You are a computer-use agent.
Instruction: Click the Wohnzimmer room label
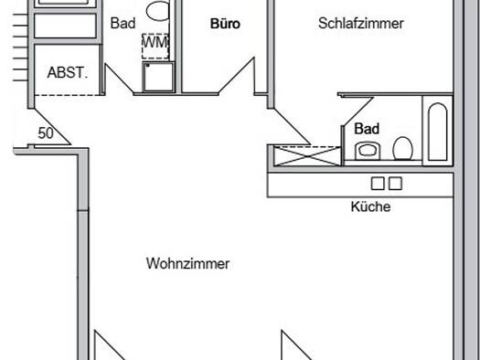(188, 263)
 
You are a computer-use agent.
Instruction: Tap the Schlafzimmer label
(361, 23)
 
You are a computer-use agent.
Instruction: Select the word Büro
(225, 24)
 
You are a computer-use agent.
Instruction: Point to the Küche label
(370, 206)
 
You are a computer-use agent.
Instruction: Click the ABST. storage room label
(68, 73)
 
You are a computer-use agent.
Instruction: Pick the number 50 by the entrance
(46, 133)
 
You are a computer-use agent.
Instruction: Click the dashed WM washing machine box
(155, 46)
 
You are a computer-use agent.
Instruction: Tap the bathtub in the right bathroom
(437, 132)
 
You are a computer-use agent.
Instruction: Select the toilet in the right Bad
(402, 149)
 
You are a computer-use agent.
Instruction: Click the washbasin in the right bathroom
(368, 151)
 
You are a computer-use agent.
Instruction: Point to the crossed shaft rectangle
(307, 156)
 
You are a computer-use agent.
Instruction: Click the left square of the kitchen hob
(377, 184)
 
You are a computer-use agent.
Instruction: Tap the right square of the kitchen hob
(395, 184)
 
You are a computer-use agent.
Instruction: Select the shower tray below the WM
(158, 77)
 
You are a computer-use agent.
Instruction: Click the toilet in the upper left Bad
(158, 10)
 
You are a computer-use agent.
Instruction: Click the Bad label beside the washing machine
(123, 23)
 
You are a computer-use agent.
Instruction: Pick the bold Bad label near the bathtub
(367, 129)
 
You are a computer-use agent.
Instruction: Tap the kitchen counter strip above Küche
(360, 185)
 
